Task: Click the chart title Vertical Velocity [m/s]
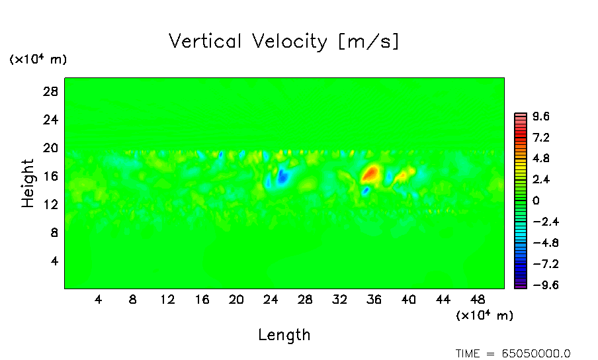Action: [x=284, y=42]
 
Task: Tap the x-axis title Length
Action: [x=284, y=335]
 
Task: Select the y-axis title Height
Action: [x=28, y=183]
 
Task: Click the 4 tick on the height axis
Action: [x=55, y=261]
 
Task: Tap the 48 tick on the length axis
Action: [x=478, y=299]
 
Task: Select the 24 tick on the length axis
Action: [x=271, y=299]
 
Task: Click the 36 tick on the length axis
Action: [x=374, y=299]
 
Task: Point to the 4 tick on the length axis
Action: [x=98, y=299]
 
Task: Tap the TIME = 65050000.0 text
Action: [x=513, y=353]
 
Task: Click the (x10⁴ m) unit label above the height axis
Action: [x=38, y=60]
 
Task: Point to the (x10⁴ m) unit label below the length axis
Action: [x=484, y=315]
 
